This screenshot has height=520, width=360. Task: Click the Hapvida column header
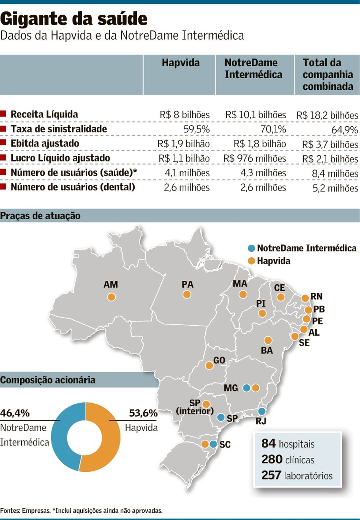coord(181,63)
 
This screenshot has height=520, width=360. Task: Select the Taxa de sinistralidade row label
coord(59,129)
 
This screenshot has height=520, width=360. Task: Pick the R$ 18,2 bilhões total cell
coord(327,115)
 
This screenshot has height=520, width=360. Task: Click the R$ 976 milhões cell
coord(255,158)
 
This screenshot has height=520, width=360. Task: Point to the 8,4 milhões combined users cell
coord(335,173)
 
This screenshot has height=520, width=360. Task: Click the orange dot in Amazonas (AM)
coord(111,297)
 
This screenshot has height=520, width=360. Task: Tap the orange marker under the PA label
coord(187,294)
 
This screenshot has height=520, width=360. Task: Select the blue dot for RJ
coord(262,411)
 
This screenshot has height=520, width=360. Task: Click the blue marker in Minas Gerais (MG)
coord(247,388)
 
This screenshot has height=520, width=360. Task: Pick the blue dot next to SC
coord(213,444)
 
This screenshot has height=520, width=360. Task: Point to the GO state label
coord(219,360)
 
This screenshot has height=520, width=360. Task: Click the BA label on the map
coord(267,351)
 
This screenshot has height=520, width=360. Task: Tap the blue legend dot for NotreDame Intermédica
coord(251,248)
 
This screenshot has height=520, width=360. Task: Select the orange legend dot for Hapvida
coord(251,261)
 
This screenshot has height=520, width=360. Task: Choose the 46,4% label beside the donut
coord(15,413)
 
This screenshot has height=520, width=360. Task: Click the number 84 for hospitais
coord(268,444)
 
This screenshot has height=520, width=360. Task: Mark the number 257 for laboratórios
coord(271,475)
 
